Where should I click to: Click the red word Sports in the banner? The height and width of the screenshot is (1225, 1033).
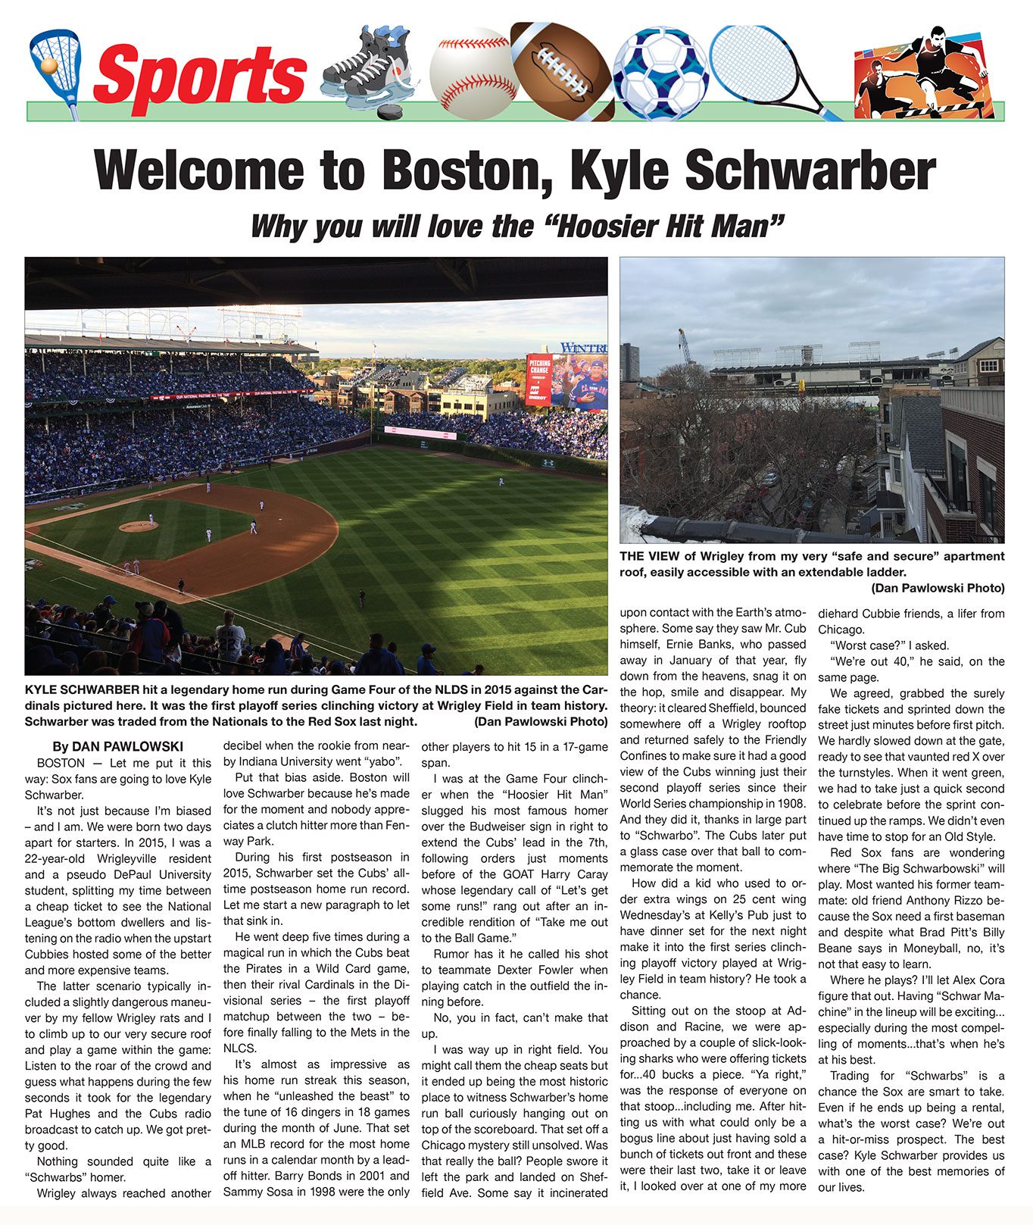tap(200, 75)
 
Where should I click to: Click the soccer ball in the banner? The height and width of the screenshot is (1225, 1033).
tap(660, 74)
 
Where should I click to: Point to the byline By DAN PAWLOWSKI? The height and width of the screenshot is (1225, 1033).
tap(117, 746)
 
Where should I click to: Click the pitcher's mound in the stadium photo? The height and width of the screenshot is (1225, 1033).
tap(139, 525)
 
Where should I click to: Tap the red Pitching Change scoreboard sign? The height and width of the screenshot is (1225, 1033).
tap(539, 380)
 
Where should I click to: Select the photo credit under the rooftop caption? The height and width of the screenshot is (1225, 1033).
tap(938, 588)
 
